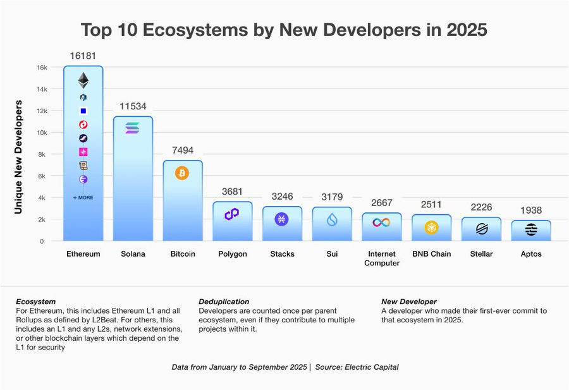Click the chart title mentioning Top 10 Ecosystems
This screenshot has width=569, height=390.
pos(284,30)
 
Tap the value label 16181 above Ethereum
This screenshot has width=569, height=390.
pos(83,56)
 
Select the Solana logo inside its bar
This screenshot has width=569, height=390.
pos(133,128)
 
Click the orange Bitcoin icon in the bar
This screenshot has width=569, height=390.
pos(182,173)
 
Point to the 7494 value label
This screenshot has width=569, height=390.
pos(182,150)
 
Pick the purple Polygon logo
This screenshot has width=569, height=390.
pos(232,214)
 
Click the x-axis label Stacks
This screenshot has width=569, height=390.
pos(282,254)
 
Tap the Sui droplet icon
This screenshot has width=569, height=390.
pos(332,220)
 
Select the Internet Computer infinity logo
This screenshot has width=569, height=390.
pos(381,222)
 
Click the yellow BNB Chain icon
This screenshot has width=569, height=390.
pos(431,227)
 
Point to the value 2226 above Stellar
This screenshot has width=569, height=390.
pos(480,207)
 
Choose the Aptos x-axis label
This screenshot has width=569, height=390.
pos(530,254)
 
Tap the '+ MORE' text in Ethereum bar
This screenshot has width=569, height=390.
pos(83,198)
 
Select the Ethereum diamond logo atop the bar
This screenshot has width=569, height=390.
pos(83,80)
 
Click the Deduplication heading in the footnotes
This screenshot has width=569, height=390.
pos(224,302)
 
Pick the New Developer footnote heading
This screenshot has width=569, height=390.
pos(408,302)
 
